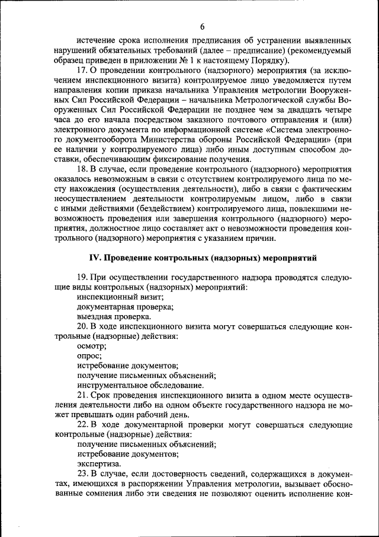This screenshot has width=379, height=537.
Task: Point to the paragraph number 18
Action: [82, 169]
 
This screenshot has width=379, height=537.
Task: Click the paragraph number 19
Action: [82, 277]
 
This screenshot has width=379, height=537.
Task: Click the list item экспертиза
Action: [99, 463]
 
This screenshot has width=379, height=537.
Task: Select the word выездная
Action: [95, 316]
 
